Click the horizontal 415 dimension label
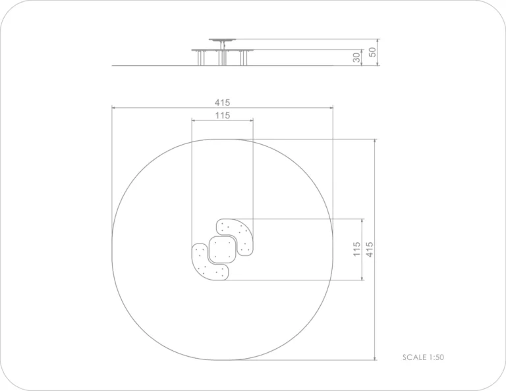[x=222, y=103]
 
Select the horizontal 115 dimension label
[x=222, y=115]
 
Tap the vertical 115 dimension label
[x=356, y=249]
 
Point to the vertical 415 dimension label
[x=370, y=249]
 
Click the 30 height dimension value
[x=356, y=57]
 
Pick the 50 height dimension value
[x=372, y=52]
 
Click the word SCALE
[x=414, y=357]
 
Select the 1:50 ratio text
[x=436, y=357]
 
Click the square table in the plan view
[x=222, y=249]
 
